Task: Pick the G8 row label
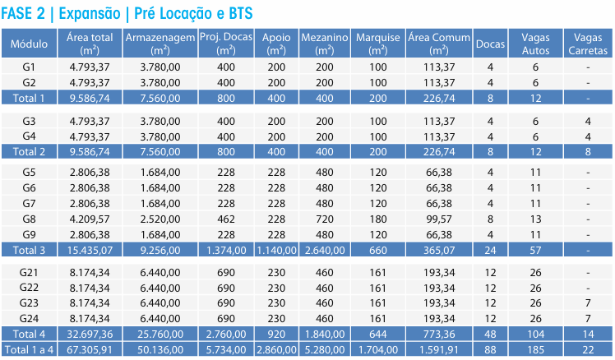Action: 30,219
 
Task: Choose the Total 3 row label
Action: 30,249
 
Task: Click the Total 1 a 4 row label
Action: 30,350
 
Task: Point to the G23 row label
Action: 30,303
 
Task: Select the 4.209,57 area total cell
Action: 90,219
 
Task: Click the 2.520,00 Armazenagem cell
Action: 160,219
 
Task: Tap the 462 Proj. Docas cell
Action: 226,219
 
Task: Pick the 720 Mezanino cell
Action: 325,219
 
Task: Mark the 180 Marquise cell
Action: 378,219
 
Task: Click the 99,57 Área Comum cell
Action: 438,219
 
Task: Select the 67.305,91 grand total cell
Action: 90,350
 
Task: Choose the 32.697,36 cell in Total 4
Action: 90,335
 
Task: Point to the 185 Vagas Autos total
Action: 535,350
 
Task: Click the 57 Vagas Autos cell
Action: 535,249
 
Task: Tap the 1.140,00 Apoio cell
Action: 276,249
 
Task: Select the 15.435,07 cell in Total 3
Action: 90,249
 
